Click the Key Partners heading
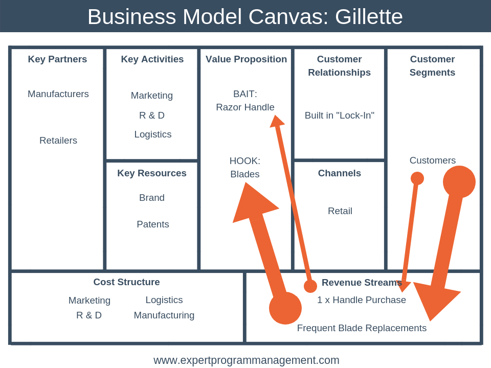[x=57, y=59]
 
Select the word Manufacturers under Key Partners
[x=58, y=94]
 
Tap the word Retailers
[x=58, y=141]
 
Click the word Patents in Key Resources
[x=152, y=224]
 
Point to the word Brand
[x=152, y=198]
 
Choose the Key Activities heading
[x=152, y=59]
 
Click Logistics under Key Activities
[x=152, y=134]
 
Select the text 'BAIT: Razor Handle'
[x=245, y=101]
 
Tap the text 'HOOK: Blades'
[x=245, y=168]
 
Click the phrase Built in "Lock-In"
[x=340, y=116]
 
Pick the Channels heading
[x=340, y=173]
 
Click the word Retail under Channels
[x=340, y=211]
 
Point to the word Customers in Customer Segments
[x=433, y=160]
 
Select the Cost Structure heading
[x=126, y=282]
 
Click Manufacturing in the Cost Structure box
[x=164, y=315]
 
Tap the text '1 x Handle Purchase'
[x=362, y=300]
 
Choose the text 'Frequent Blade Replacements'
[x=362, y=328]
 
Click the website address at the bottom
[x=247, y=360]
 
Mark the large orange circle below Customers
[x=459, y=182]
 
